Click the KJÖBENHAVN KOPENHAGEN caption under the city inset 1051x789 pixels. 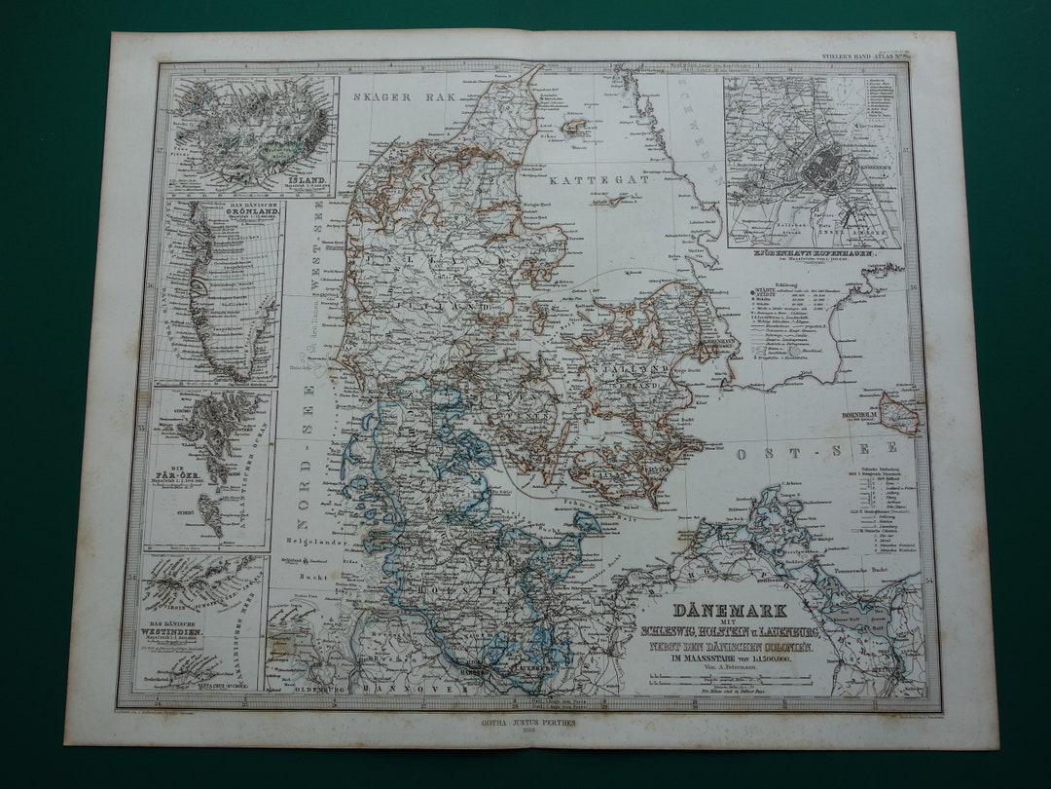coord(812,252)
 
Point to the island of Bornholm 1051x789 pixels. coord(900,412)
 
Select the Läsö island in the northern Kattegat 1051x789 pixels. coord(577,127)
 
